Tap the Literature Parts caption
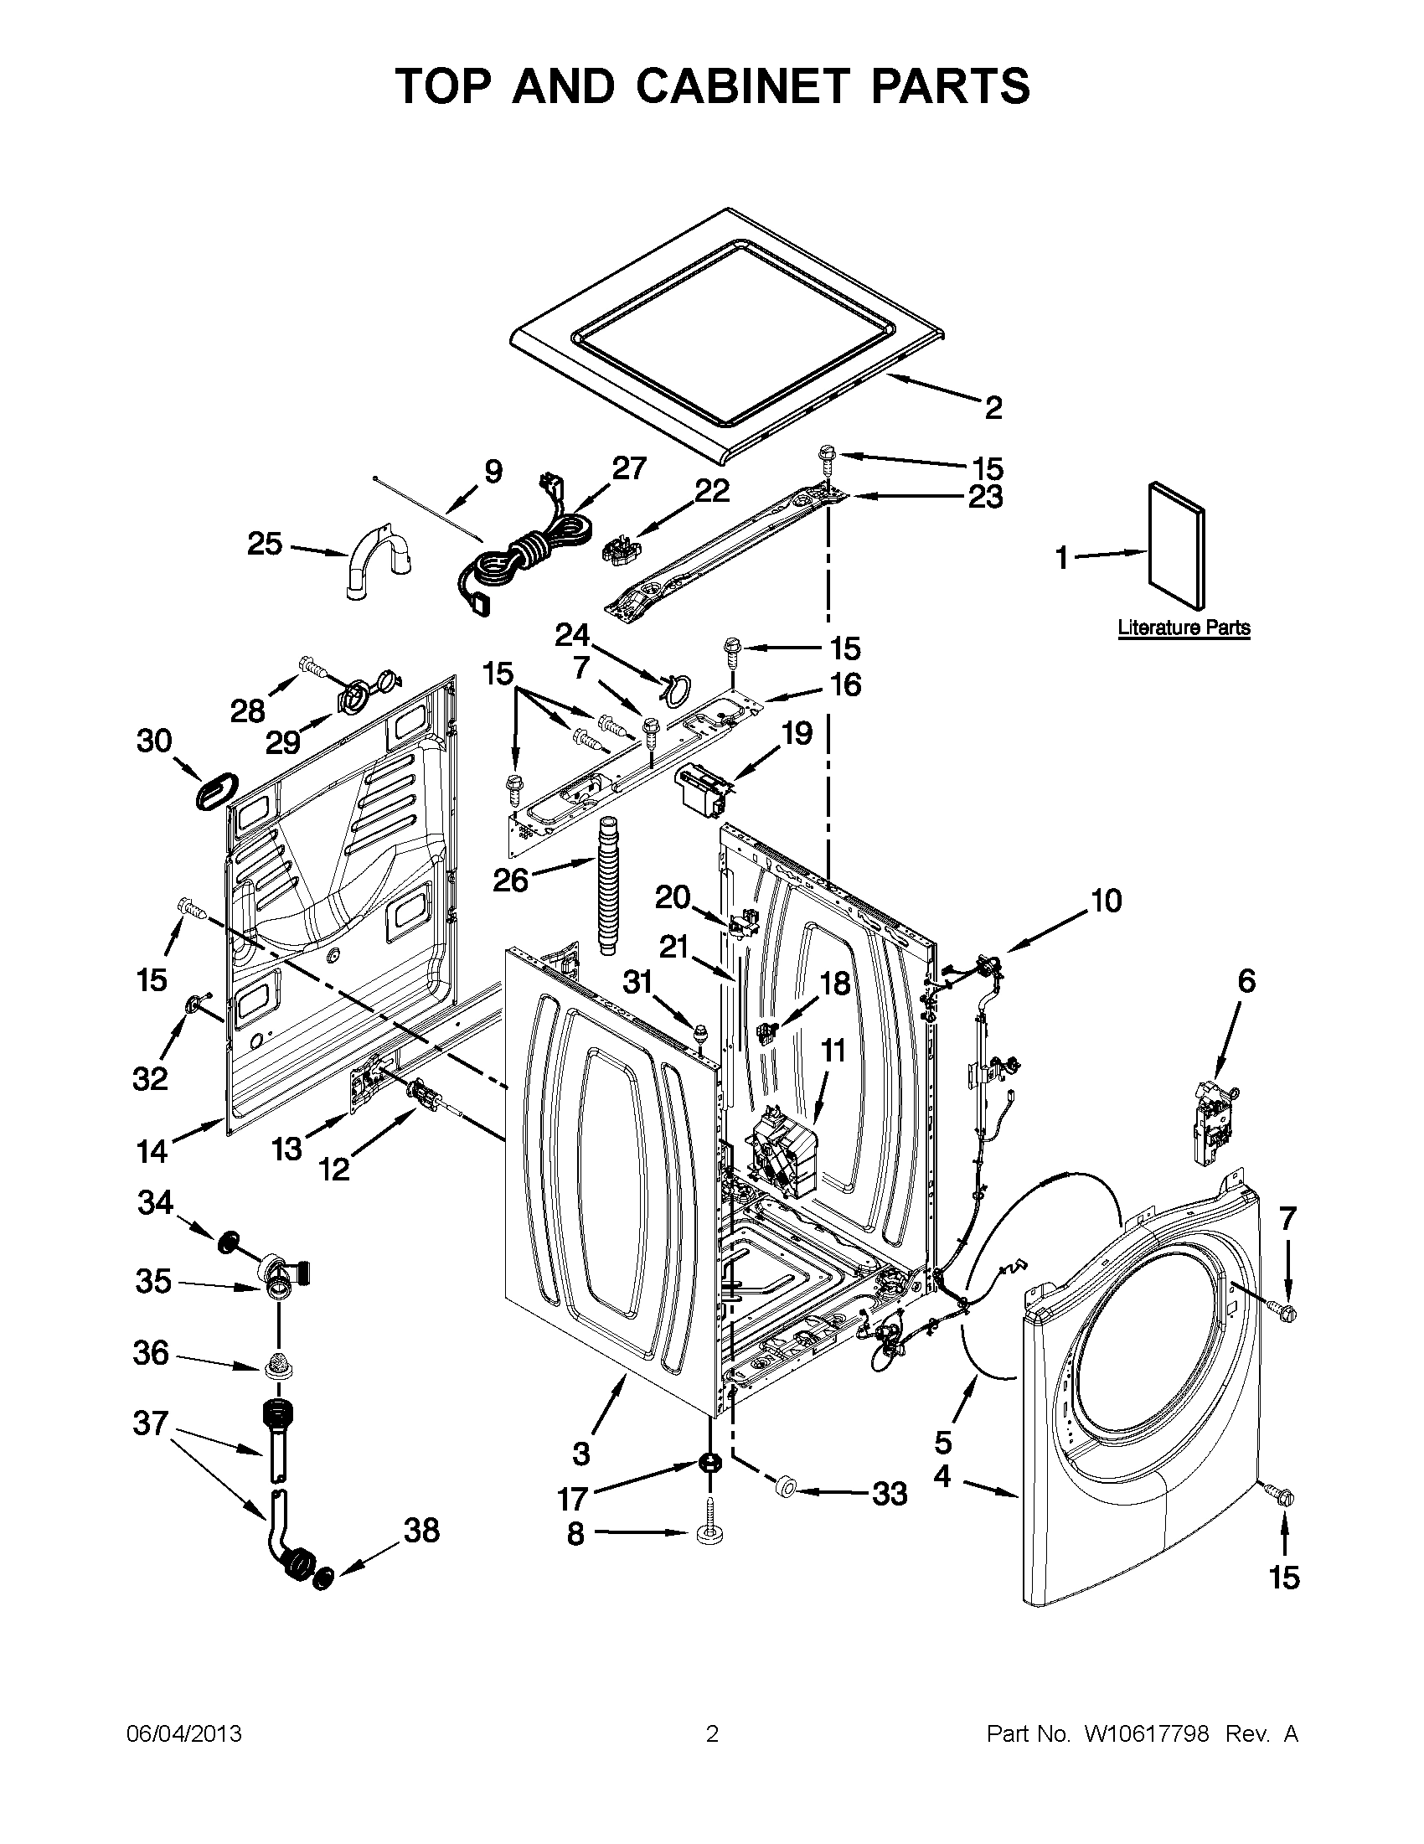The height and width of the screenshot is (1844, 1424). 1184,628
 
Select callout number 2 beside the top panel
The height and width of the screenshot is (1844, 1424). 993,408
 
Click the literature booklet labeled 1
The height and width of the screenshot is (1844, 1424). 1176,545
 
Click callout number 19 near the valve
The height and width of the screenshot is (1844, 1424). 796,733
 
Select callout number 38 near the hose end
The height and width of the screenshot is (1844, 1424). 421,1529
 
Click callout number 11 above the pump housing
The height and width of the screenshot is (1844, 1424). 833,1051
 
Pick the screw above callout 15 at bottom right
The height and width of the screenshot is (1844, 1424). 1285,1496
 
